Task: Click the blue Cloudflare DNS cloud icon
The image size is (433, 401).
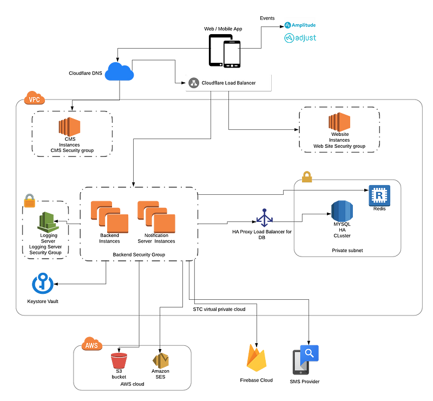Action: pos(119,72)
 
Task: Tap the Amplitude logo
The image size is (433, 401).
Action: pos(300,25)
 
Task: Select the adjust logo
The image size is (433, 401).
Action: pos(300,38)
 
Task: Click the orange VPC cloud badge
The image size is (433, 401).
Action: pos(35,98)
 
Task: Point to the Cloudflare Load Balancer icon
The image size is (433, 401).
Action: pos(194,83)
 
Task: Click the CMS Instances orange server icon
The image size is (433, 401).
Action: pos(69,127)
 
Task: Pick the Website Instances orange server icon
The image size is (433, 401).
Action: pos(339,122)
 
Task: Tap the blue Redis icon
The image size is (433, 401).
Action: pos(379,195)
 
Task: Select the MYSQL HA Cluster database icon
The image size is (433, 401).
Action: pos(342,211)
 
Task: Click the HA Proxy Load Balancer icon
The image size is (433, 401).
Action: pos(264,218)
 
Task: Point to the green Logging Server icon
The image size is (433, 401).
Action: pos(48,222)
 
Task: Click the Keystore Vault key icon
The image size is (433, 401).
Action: pos(43,284)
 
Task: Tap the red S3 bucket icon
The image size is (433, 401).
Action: pos(119,360)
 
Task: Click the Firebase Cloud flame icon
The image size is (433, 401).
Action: pos(256,358)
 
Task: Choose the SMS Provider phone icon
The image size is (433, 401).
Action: pos(305,360)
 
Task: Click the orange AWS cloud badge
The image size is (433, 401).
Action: pos(92,344)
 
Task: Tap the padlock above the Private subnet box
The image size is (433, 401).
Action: pos(307,177)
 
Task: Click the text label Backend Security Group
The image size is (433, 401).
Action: pos(139,255)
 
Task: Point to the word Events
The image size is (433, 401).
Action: pos(267,18)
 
